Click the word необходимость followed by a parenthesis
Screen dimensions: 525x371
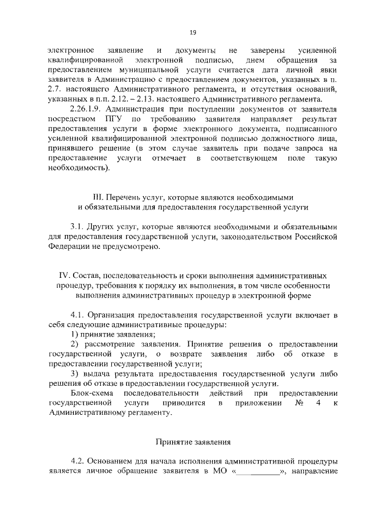click(76, 169)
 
